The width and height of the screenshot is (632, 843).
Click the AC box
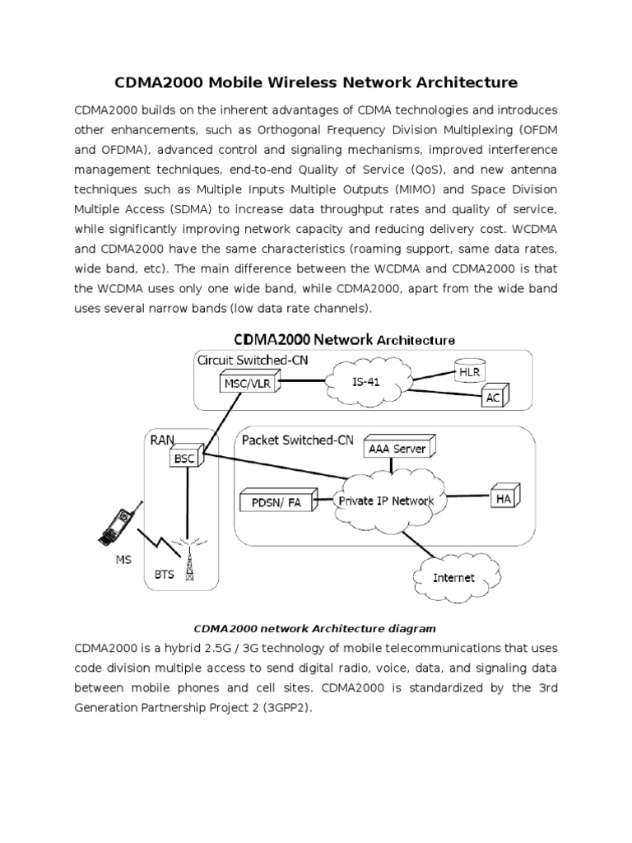click(x=492, y=398)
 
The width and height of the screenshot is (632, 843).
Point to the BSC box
click(x=184, y=458)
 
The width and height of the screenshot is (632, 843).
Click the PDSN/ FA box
click(x=276, y=501)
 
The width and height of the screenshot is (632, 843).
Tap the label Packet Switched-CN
click(x=297, y=440)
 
